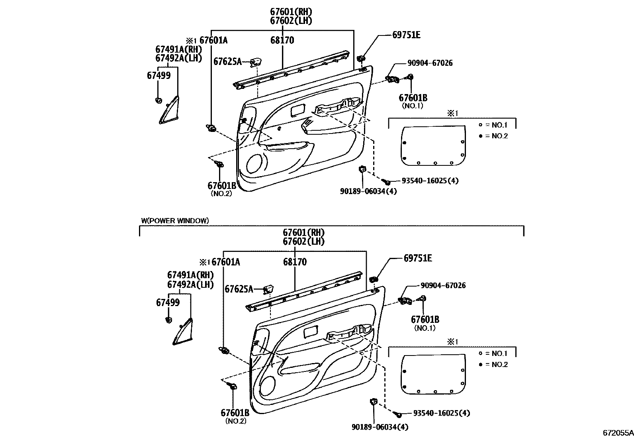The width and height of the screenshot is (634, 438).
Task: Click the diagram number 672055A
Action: pos(617,432)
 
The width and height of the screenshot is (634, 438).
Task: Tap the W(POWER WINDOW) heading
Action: pos(175,220)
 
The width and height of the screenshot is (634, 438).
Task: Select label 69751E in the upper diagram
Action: pos(406,35)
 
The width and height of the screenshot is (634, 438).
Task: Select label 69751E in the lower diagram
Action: pos(418,258)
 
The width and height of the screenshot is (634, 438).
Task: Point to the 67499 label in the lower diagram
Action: pos(168,302)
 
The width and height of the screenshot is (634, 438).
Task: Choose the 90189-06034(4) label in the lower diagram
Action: pos(380,427)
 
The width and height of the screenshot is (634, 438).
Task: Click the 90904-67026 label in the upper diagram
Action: pos(430,63)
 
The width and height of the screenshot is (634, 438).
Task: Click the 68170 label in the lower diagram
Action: pos(295,262)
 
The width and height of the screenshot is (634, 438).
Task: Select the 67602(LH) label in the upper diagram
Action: pos(291,21)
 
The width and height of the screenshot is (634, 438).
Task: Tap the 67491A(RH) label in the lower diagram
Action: pos(190,275)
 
